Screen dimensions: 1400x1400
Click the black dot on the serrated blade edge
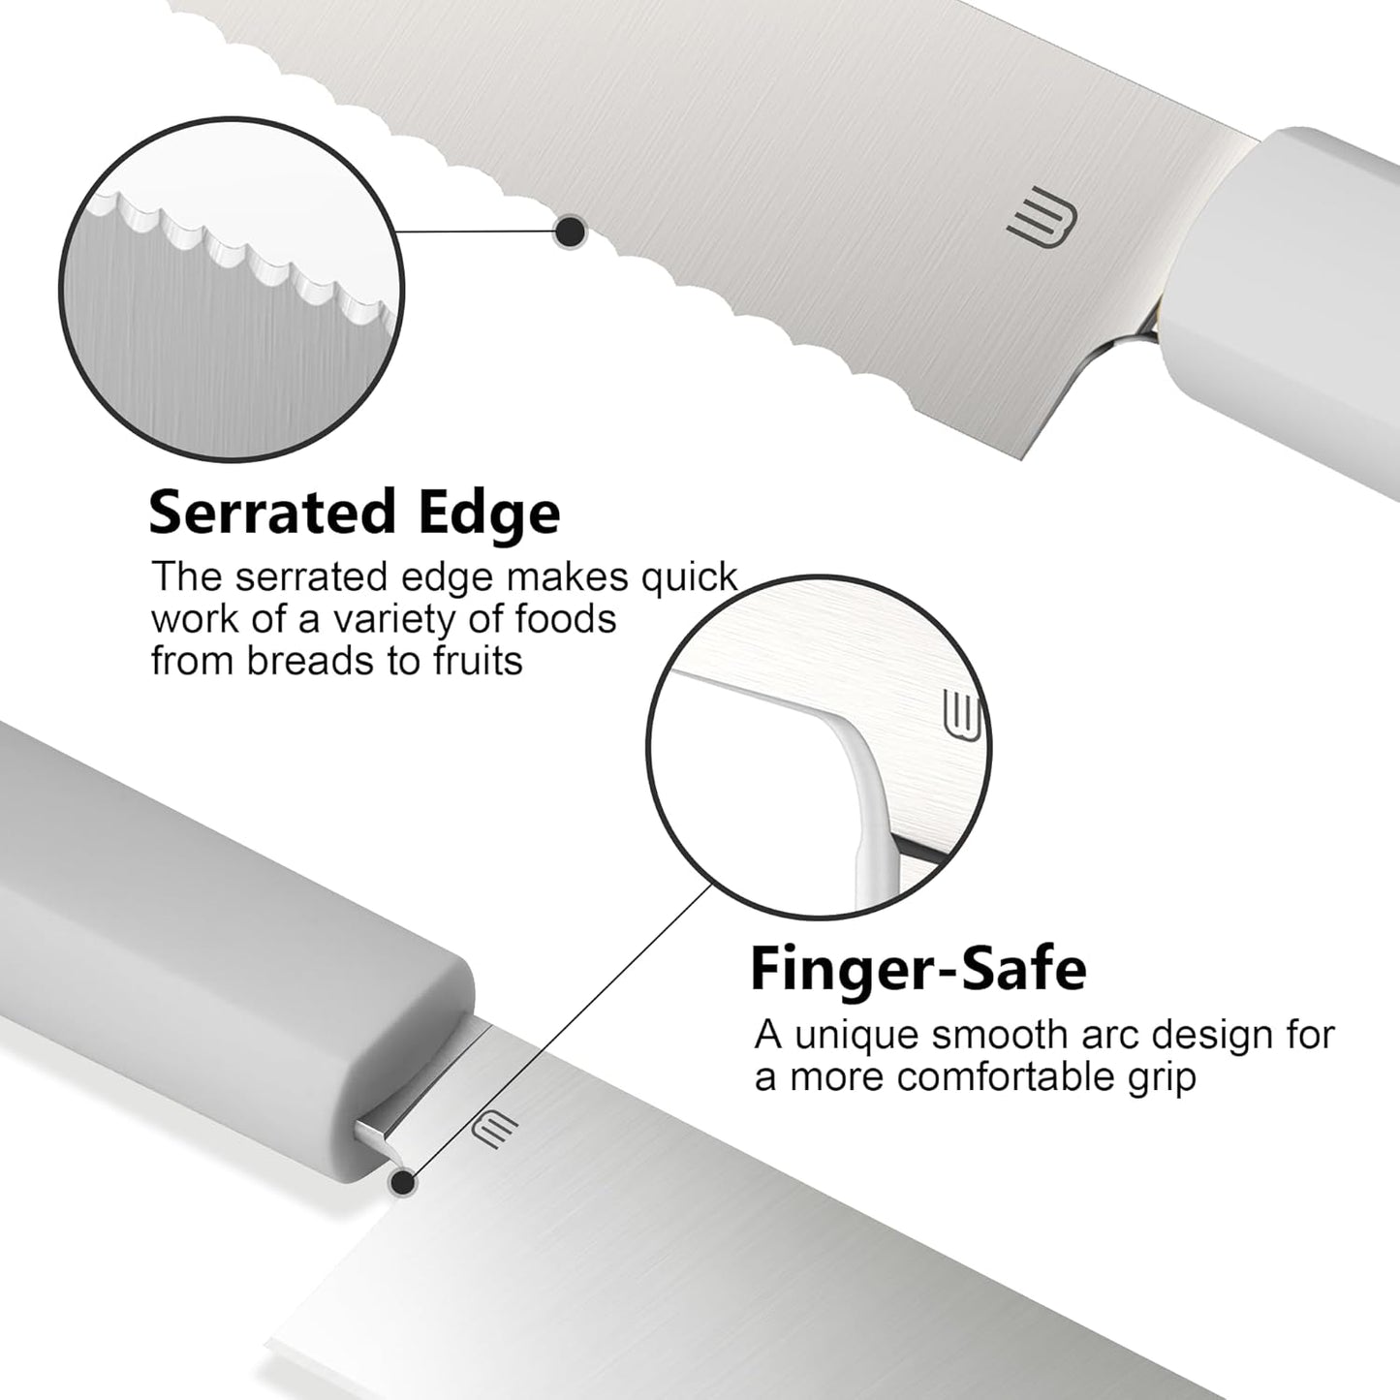pyautogui.click(x=571, y=232)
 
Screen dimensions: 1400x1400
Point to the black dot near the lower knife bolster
pyautogui.click(x=402, y=1183)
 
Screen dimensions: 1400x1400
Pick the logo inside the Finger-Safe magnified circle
pyautogui.click(x=962, y=715)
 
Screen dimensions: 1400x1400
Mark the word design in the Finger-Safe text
pyautogui.click(x=1213, y=1037)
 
